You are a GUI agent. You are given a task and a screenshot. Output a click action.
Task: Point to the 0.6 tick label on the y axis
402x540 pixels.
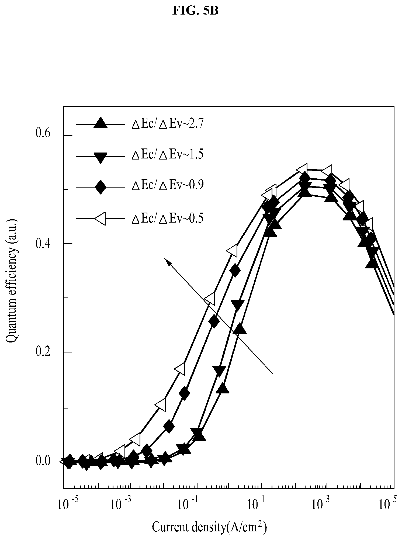[x=43, y=134]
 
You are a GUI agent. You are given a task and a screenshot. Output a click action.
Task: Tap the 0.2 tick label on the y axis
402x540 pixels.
[x=43, y=352]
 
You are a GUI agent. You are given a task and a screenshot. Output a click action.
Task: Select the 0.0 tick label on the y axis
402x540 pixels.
[x=43, y=461]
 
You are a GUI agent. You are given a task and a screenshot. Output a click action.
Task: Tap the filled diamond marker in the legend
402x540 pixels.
[x=100, y=186]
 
